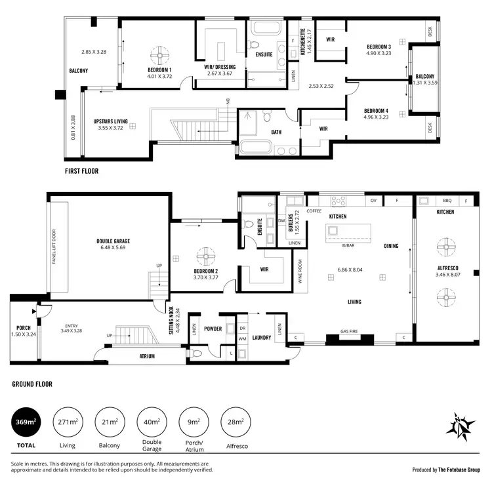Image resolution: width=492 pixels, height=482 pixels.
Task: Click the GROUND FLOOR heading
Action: tap(32, 384)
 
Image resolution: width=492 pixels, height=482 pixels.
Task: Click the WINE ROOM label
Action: tap(300, 270)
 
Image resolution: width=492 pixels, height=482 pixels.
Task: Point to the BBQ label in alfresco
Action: tap(448, 201)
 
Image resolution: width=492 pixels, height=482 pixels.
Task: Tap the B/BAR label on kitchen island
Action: tap(348, 245)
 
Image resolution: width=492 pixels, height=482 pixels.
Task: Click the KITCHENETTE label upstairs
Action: tap(302, 41)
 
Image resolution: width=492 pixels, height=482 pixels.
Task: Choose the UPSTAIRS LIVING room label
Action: tap(110, 122)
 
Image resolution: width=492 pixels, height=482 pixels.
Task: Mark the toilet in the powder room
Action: tap(197, 352)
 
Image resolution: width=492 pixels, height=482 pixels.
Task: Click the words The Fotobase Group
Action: tap(459, 470)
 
